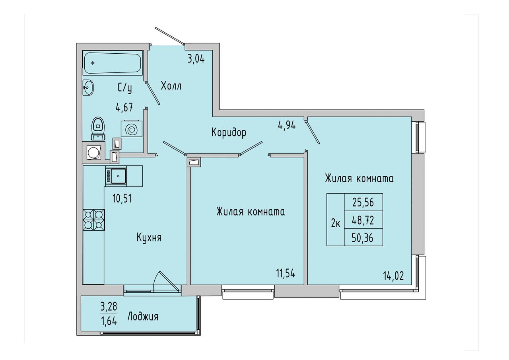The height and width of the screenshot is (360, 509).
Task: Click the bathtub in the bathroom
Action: coord(113,63)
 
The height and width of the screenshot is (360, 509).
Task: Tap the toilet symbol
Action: coord(98,128)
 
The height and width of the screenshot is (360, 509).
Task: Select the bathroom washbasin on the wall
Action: coord(88,88)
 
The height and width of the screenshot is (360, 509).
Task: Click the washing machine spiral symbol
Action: coord(132,129)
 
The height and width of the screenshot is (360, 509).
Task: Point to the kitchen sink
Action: coord(116,176)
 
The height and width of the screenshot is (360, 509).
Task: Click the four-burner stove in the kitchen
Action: coord(93,220)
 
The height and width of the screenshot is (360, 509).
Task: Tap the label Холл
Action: coord(171,86)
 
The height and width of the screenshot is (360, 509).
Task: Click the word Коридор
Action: coord(229,132)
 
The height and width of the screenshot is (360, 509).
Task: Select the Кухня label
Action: coord(149,238)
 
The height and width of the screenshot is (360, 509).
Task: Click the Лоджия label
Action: coord(143,317)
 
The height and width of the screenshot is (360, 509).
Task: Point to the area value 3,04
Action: coord(196,59)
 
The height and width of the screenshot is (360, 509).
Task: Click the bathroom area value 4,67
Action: coord(124,107)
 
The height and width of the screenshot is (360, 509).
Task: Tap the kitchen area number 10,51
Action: coord(122,198)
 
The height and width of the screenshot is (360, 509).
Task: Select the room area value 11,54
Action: coord(286,273)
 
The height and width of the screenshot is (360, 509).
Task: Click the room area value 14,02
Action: coord(393,276)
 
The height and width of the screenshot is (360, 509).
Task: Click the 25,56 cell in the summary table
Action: coord(363,202)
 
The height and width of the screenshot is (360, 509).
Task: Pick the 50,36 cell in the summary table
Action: coord(363,238)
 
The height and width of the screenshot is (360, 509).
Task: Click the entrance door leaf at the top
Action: coord(169,35)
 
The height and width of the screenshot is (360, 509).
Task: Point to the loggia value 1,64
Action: coord(109,321)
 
